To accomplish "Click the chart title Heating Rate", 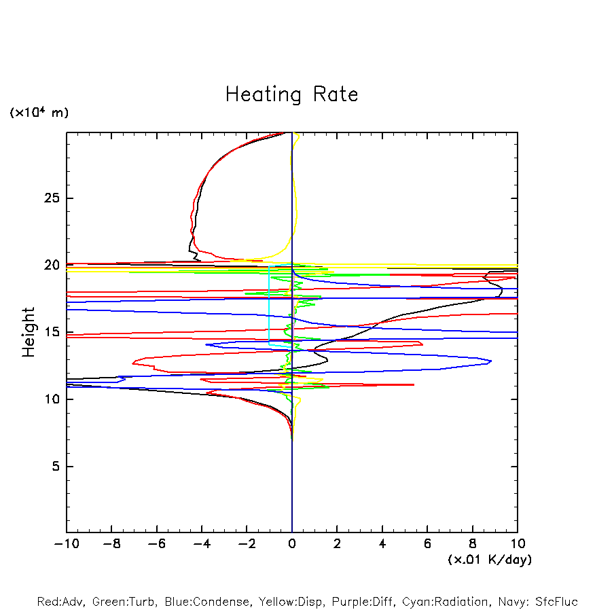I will pyautogui.click(x=291, y=94).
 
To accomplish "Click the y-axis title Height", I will pyautogui.click(x=29, y=332).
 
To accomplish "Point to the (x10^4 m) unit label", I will pyautogui.click(x=39, y=113).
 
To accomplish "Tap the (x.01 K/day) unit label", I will pyautogui.click(x=489, y=560).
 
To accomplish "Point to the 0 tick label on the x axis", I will pyautogui.click(x=292, y=544).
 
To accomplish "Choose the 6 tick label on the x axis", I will pyautogui.click(x=428, y=544).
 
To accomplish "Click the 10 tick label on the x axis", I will pyautogui.click(x=518, y=544).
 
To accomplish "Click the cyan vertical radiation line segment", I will pyautogui.click(x=270, y=306).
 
